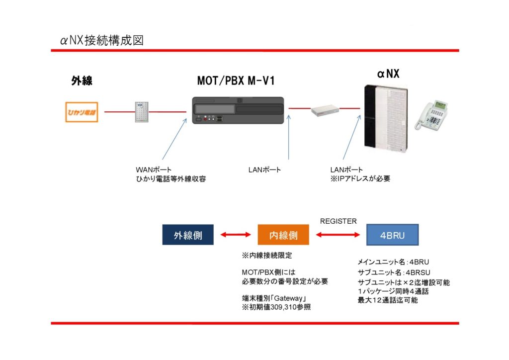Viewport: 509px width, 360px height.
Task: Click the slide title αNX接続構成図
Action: click(x=102, y=40)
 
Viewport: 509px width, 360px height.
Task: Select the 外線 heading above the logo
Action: click(x=82, y=81)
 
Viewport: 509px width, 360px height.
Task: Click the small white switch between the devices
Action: click(x=325, y=111)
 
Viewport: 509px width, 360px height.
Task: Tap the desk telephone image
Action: click(x=431, y=115)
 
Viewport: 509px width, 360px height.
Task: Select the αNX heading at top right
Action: click(x=388, y=74)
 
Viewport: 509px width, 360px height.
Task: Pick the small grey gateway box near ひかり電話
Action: click(x=142, y=112)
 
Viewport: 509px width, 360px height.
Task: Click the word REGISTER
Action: click(x=338, y=221)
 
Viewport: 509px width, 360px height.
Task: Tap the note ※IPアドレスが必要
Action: click(x=360, y=179)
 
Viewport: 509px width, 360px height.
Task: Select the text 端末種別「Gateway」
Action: click(x=273, y=298)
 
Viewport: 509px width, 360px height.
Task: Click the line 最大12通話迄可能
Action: click(x=388, y=300)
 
